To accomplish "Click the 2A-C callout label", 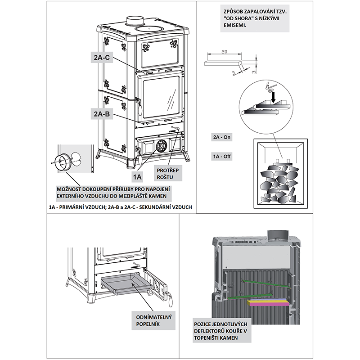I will pyautogui.click(x=101, y=58).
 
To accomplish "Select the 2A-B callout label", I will pyautogui.click(x=102, y=114).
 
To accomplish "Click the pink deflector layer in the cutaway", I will pyautogui.click(x=269, y=305).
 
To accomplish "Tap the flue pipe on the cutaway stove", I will pyautogui.click(x=274, y=235).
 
